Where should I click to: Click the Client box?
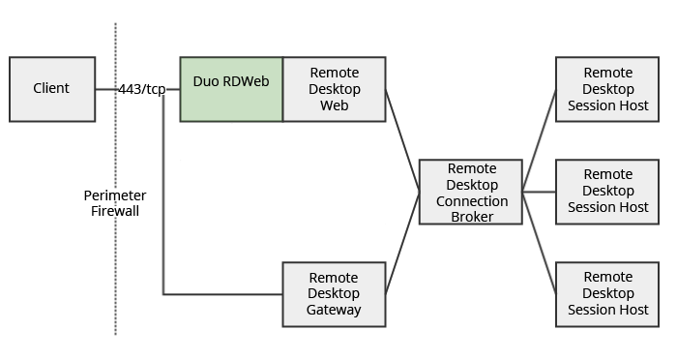(52, 89)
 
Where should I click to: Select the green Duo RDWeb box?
(231, 89)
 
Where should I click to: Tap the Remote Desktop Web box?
(334, 89)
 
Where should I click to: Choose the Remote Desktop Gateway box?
(334, 293)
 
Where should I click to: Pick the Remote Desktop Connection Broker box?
(471, 192)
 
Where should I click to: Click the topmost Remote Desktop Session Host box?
(607, 89)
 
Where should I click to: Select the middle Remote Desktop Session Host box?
(607, 192)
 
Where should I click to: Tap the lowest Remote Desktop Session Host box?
(607, 293)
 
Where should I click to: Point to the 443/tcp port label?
(142, 89)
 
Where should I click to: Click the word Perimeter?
(115, 195)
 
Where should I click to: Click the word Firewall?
(115, 210)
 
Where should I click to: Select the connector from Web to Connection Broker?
(402, 140)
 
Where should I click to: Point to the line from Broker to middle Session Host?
(539, 192)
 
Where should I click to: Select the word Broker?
(471, 217)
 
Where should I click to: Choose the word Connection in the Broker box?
(471, 201)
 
